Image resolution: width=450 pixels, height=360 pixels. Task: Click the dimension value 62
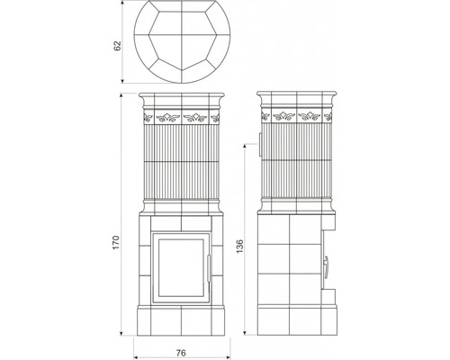pyautogui.click(x=117, y=46)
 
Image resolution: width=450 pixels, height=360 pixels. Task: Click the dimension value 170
pyautogui.click(x=116, y=242)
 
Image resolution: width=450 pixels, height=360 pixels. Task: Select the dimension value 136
pyautogui.click(x=240, y=247)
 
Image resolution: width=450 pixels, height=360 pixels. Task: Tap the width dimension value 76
pyautogui.click(x=181, y=353)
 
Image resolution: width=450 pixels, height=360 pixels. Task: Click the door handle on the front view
pyautogui.click(x=209, y=268)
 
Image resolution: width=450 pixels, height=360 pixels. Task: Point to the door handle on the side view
pyautogui.click(x=326, y=265)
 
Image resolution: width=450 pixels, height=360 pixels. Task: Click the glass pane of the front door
pyautogui.click(x=181, y=267)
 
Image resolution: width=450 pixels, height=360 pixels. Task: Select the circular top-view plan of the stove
pyautogui.click(x=182, y=41)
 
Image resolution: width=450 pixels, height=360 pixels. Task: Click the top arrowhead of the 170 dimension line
pyautogui.click(x=121, y=95)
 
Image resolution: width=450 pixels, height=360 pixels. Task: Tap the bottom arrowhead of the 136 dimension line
pyautogui.click(x=245, y=333)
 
